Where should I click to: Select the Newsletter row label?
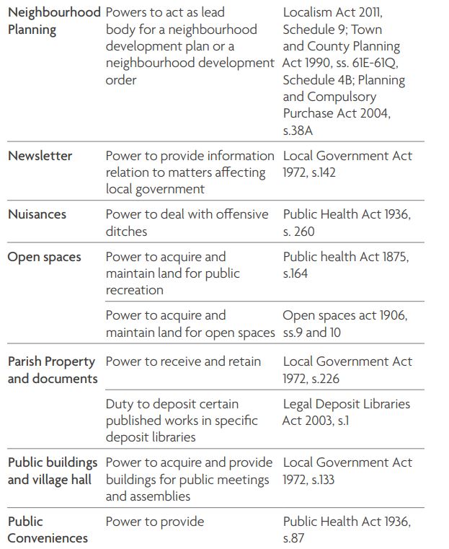pyautogui.click(x=40, y=156)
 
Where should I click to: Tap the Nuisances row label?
pyautogui.click(x=37, y=214)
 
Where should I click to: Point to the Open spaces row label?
pyautogui.click(x=44, y=257)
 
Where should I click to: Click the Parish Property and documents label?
pyautogui.click(x=52, y=370)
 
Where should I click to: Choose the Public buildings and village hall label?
pyautogui.click(x=53, y=471)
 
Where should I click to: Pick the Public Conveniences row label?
pyautogui.click(x=48, y=530)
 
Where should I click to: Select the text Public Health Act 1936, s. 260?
pyautogui.click(x=347, y=222)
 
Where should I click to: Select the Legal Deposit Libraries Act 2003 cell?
pyautogui.click(x=346, y=412)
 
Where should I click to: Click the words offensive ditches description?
pyautogui.click(x=187, y=222)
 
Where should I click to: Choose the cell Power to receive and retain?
pyautogui.click(x=183, y=361)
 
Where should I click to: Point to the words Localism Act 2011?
pyautogui.click(x=332, y=12)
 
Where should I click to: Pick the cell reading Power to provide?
pyautogui.click(x=155, y=522)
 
